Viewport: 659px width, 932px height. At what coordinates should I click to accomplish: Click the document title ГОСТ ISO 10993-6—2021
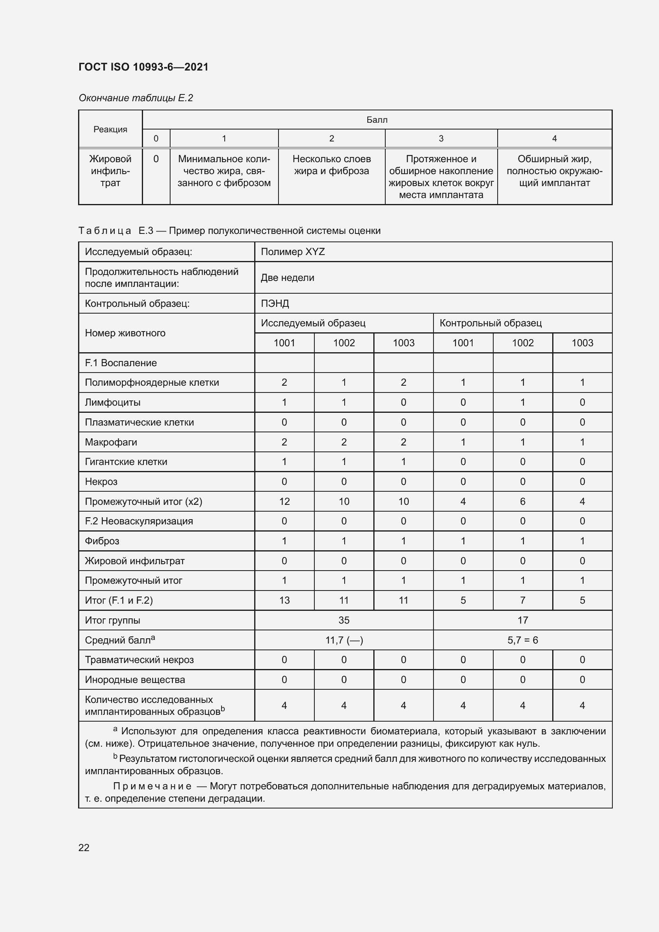click(143, 67)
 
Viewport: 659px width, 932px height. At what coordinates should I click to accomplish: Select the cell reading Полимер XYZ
click(292, 252)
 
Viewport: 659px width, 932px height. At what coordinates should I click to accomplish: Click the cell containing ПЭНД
click(275, 303)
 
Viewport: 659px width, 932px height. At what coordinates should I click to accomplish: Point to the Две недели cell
click(287, 278)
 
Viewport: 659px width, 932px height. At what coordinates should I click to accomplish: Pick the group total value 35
click(344, 620)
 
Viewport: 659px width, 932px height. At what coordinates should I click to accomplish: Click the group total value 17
click(522, 620)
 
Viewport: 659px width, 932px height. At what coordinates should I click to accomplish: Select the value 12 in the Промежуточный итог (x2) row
click(284, 501)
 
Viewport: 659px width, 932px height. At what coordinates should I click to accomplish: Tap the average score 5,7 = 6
click(522, 640)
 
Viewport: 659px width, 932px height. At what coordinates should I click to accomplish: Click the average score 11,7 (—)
click(344, 640)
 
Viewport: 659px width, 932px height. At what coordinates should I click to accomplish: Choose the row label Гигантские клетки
click(126, 461)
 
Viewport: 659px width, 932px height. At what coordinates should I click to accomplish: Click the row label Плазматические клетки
click(139, 422)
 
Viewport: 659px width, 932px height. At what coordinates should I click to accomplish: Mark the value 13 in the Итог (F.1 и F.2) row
click(284, 600)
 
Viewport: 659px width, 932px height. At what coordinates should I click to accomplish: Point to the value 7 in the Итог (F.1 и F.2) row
click(522, 600)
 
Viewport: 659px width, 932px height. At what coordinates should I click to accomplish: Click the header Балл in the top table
click(377, 120)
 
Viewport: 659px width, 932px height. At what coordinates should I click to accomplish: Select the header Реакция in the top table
click(110, 129)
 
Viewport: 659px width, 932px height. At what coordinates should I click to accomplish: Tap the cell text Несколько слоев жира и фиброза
click(331, 165)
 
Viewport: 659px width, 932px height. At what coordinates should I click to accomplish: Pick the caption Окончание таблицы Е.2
click(135, 98)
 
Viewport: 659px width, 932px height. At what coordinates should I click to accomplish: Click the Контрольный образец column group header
click(490, 323)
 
